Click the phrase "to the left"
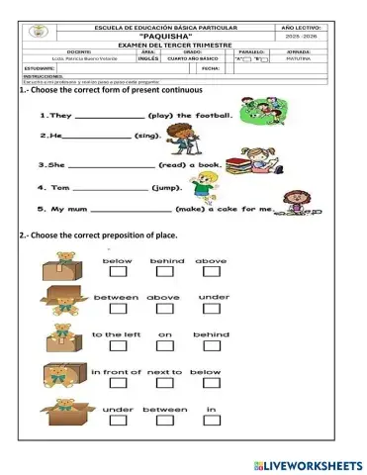tap(117, 334)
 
